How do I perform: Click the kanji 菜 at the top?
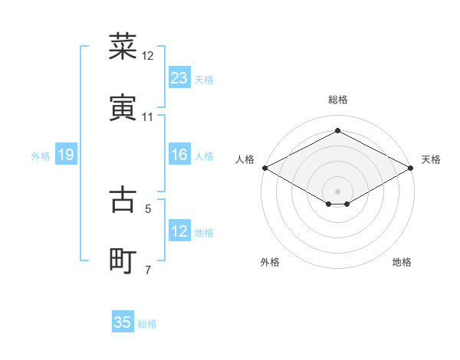pos(123,47)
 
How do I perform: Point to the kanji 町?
pos(123,260)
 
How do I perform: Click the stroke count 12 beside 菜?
pos(148,56)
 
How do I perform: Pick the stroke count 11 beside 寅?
pos(148,116)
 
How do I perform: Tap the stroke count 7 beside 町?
pos(149,270)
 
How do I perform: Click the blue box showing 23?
pos(179,78)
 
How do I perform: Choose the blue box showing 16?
pos(179,155)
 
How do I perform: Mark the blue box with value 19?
pos(66,155)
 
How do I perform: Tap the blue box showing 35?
pos(123,322)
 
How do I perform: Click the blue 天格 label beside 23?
pos(204,80)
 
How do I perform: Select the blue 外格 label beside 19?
pos(41,156)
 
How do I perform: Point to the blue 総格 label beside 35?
pos(147,324)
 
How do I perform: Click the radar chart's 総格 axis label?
pos(338,100)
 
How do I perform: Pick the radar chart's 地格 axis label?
pos(402,262)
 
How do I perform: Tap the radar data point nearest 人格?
pos(264,168)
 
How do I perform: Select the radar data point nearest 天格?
pos(412,168)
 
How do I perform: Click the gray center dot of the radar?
pos(337,190)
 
